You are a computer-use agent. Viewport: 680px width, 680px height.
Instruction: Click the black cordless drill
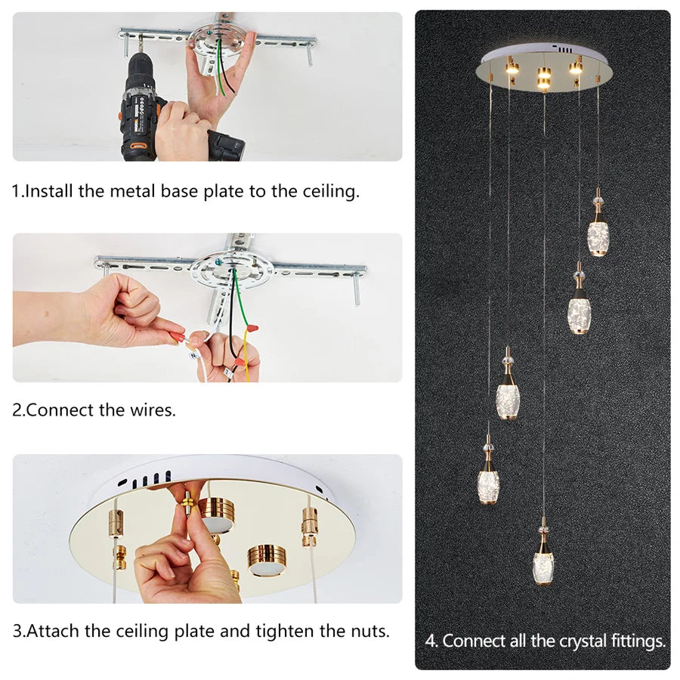[x=143, y=108]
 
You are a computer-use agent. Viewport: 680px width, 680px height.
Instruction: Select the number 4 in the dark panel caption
[x=430, y=641]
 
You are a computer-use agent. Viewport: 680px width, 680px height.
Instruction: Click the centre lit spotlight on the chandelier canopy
[x=544, y=79]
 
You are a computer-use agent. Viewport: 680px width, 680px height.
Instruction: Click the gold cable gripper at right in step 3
[x=309, y=526]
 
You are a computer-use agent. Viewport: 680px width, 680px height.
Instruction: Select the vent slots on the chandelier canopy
[x=564, y=49]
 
